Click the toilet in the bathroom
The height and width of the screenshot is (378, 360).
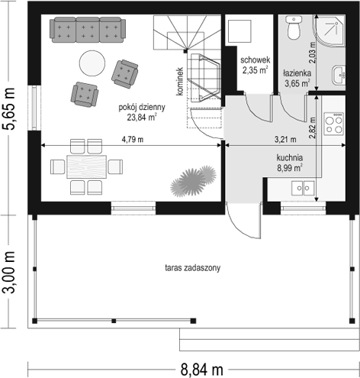pos(294,27)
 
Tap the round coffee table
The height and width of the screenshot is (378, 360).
pos(92,63)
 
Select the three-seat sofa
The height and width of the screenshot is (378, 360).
pos(88,30)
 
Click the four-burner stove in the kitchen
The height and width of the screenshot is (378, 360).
pos(334,124)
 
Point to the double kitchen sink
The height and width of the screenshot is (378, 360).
pos(303,188)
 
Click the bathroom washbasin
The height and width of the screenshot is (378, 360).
pos(339,75)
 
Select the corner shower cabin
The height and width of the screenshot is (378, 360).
pos(329,31)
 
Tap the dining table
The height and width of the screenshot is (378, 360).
pos(86,166)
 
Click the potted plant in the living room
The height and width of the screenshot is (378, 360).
pos(193,181)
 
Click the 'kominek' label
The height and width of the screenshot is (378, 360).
pos(180,82)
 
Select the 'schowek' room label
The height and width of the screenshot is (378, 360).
pos(256,60)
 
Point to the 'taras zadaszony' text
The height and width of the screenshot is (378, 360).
pos(193,268)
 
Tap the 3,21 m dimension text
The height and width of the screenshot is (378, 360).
pos(285,139)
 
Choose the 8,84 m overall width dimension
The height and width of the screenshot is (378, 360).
pos(202,370)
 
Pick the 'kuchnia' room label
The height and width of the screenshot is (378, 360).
pos(290,158)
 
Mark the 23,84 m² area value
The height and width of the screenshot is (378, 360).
pos(141,118)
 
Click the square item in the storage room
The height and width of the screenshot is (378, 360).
pos(239,31)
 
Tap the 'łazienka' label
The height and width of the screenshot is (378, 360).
pos(297,73)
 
